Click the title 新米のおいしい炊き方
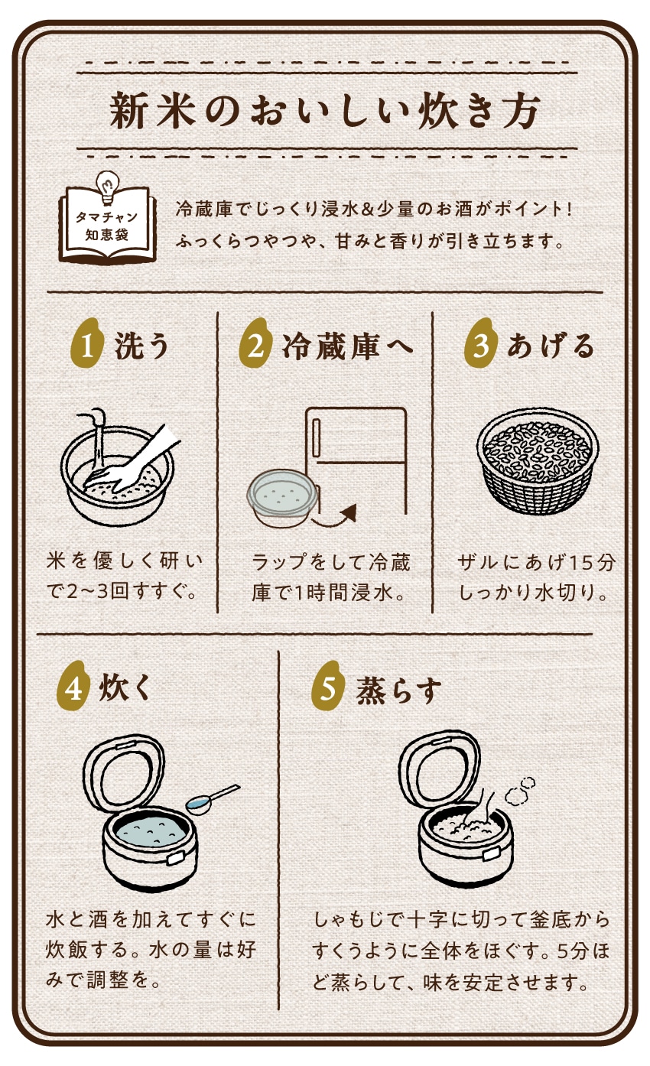(x=325, y=111)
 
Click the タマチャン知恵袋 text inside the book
(x=106, y=226)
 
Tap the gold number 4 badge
(x=73, y=688)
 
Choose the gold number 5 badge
(x=328, y=688)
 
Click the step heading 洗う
(x=141, y=346)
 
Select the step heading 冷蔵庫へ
(x=347, y=346)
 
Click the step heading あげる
(x=551, y=346)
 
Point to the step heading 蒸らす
(x=399, y=691)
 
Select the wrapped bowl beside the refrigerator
(x=283, y=497)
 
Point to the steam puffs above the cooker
(x=520, y=790)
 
